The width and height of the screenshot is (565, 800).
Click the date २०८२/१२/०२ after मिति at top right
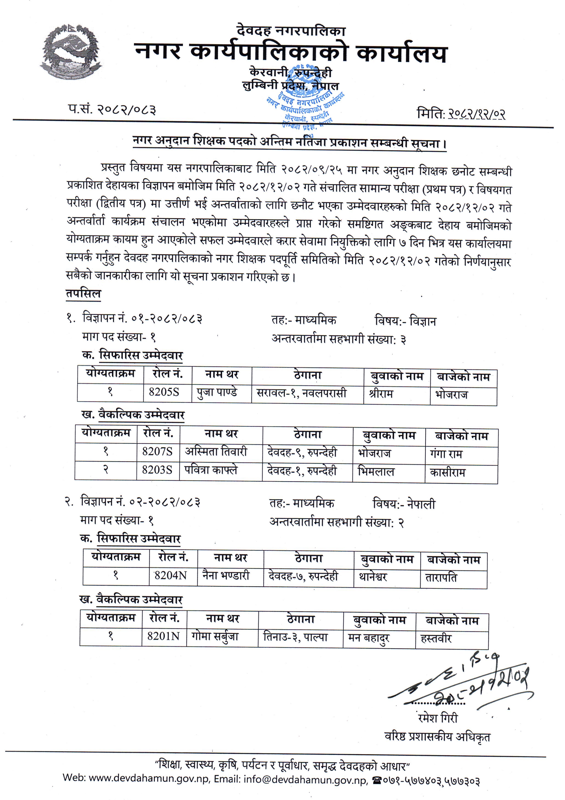[476, 114]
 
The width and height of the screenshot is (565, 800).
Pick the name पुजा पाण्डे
[217, 393]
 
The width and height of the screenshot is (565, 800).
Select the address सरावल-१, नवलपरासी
[301, 393]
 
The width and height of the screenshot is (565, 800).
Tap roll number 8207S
[157, 452]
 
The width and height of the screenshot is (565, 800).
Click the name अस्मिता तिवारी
[216, 452]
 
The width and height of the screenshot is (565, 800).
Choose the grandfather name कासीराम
[447, 473]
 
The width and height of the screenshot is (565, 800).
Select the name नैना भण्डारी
[226, 575]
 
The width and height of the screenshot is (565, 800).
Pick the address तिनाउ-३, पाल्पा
[295, 637]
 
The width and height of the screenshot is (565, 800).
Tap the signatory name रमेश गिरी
[438, 718]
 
